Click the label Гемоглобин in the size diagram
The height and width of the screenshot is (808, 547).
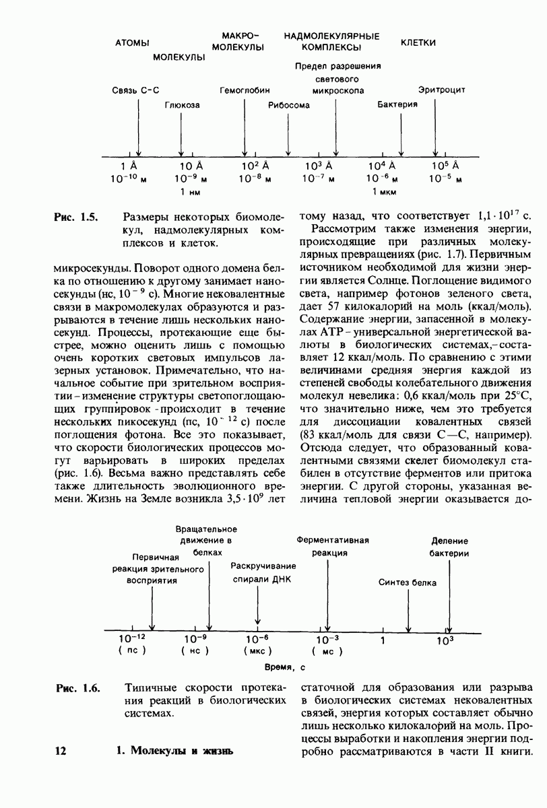coord(245,90)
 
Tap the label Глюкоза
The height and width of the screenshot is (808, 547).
coord(182,105)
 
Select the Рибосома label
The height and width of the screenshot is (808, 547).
coord(288,105)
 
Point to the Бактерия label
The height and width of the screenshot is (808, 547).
coord(397,105)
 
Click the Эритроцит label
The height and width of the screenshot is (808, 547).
coord(441,90)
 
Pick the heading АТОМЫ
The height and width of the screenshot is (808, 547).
coord(132,43)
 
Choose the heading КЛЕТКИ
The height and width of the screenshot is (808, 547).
coord(418,43)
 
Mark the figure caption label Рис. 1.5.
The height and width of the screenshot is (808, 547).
coord(76,217)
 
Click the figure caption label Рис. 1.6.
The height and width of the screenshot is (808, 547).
coord(77,688)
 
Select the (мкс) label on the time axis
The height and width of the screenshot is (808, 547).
coord(257,651)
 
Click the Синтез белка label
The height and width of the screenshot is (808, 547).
coord(407,582)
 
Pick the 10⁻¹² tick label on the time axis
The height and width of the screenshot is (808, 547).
coord(131,638)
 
